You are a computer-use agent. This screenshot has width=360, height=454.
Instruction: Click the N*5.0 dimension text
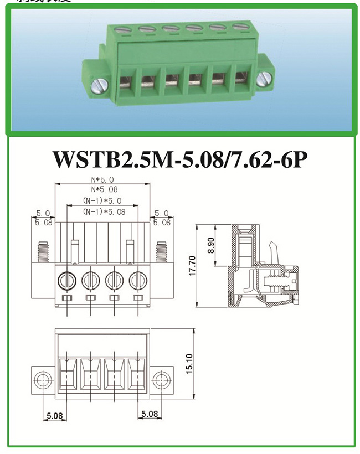coord(102,180)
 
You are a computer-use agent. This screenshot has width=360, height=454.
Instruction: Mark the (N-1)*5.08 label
coord(104,211)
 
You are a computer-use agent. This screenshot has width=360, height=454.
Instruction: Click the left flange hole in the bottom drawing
coord(42,380)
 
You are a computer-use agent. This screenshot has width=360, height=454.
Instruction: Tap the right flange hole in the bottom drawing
coord(161,380)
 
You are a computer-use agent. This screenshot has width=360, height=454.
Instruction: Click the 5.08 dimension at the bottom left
coord(54,415)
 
